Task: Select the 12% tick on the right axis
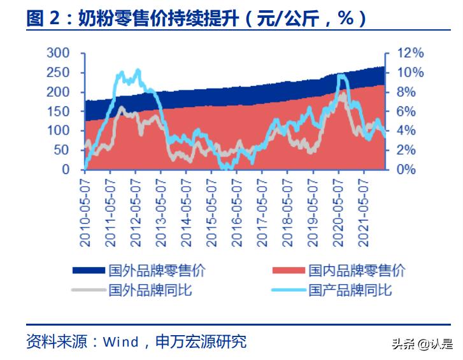pyautogui.click(x=411, y=53)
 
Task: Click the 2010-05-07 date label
pyautogui.click(x=85, y=210)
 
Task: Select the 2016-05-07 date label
pyautogui.click(x=236, y=210)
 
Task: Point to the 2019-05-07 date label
pyautogui.click(x=312, y=210)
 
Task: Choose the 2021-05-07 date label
pyautogui.click(x=363, y=210)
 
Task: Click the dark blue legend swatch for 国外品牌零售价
pyautogui.click(x=89, y=271)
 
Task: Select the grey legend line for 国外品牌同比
pyautogui.click(x=89, y=291)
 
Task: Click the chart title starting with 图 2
pyautogui.click(x=197, y=18)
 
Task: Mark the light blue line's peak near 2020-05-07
pyautogui.click(x=341, y=76)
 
